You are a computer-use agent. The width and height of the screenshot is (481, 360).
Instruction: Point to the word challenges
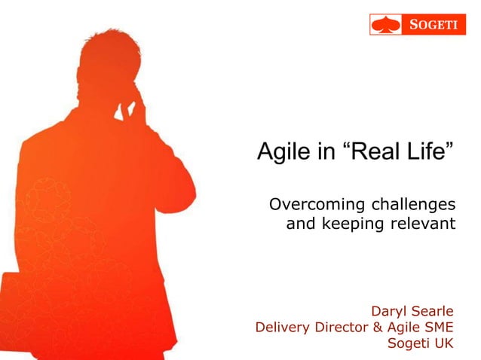coord(411,205)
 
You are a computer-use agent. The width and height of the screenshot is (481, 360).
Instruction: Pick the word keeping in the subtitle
coord(348,224)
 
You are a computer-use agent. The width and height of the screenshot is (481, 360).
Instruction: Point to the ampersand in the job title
coord(379,327)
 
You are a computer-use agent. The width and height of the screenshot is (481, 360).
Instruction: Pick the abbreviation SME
coord(438,327)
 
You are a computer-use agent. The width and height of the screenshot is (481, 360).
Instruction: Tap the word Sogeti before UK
coord(407,344)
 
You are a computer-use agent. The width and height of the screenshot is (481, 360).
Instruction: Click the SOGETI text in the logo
coord(436,25)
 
